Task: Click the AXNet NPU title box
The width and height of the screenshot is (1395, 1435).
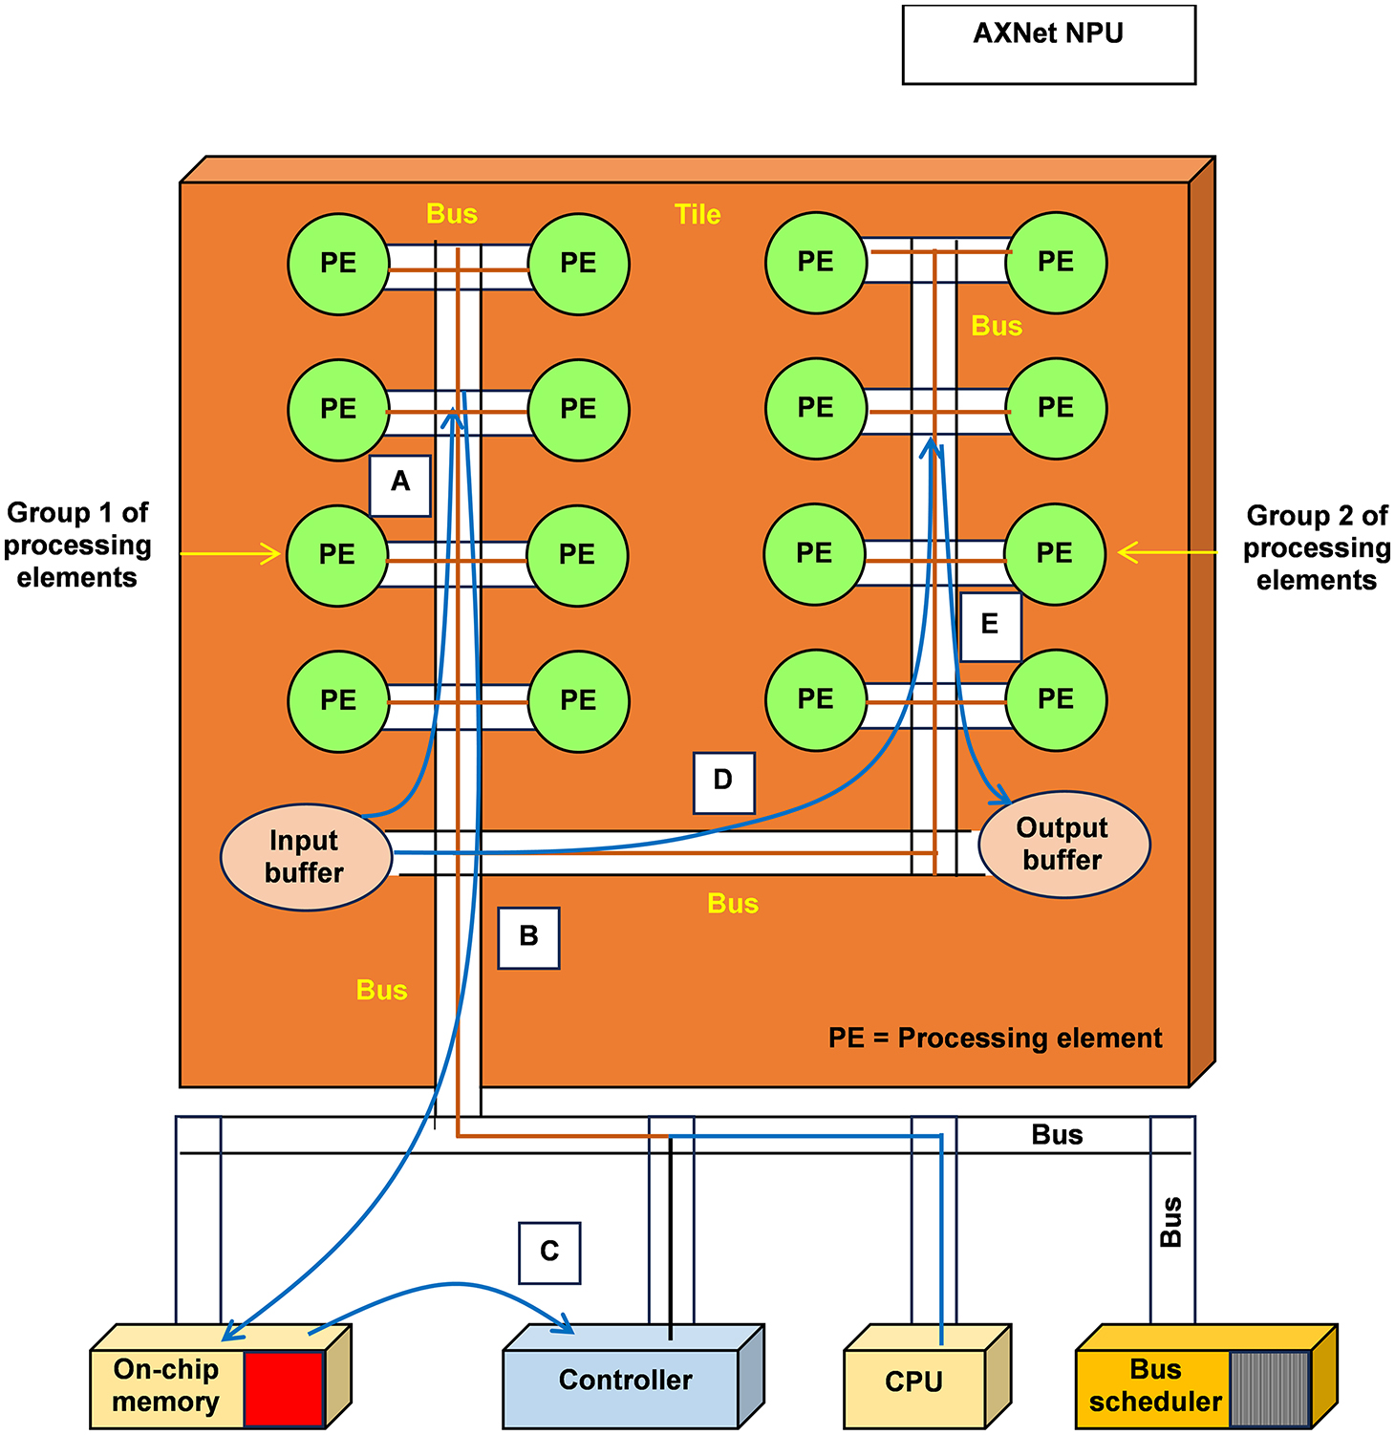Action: tap(1048, 44)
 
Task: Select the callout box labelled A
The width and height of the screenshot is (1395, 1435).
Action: tap(400, 485)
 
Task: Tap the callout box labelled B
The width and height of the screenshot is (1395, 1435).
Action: tap(528, 938)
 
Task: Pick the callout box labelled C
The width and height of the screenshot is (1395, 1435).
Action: tap(549, 1253)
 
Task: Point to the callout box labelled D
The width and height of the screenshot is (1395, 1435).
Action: tap(723, 782)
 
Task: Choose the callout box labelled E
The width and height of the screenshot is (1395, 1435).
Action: tap(990, 627)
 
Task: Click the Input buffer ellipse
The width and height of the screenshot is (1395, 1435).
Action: tap(306, 857)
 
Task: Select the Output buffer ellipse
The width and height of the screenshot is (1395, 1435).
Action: tap(1063, 845)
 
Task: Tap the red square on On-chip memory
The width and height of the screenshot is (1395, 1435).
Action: tap(284, 1389)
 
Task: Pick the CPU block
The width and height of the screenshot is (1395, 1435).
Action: tap(914, 1382)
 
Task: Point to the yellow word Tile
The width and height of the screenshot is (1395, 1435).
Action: tap(697, 215)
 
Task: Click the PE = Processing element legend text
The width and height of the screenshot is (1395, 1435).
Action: tap(995, 1039)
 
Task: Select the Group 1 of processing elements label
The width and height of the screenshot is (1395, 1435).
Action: tap(77, 546)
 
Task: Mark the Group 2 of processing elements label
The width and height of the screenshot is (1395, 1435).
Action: tap(1317, 548)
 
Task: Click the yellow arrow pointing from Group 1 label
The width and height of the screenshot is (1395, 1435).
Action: tap(229, 554)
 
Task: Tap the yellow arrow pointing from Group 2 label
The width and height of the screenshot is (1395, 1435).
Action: tap(1168, 552)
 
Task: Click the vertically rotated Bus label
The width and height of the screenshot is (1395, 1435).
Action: tap(1171, 1222)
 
